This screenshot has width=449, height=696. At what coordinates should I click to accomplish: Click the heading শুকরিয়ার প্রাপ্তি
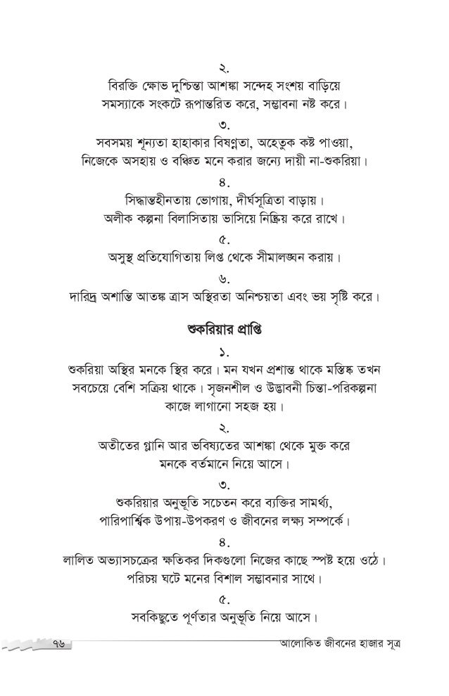pos(224,329)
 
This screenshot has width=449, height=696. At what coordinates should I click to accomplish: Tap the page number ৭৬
pos(62,645)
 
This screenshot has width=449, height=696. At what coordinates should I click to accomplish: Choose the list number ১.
pos(224,350)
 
